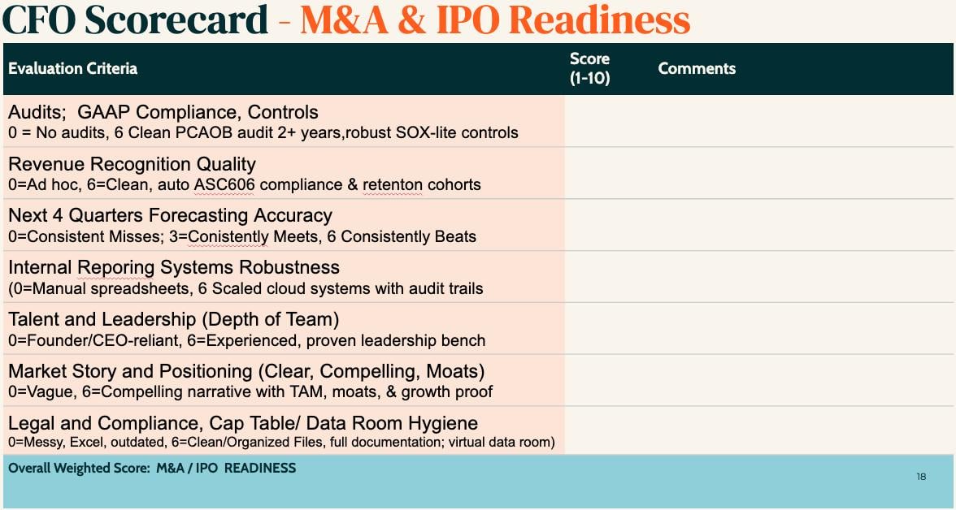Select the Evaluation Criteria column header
[72, 68]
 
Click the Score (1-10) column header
[589, 68]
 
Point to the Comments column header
[697, 68]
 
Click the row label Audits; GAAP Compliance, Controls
[163, 112]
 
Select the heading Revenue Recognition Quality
[132, 164]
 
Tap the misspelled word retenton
[393, 184]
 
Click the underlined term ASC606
[224, 184]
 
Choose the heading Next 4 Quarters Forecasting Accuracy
[170, 215]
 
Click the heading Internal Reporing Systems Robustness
[174, 267]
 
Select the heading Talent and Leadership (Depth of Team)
[173, 319]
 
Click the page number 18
[921, 477]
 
